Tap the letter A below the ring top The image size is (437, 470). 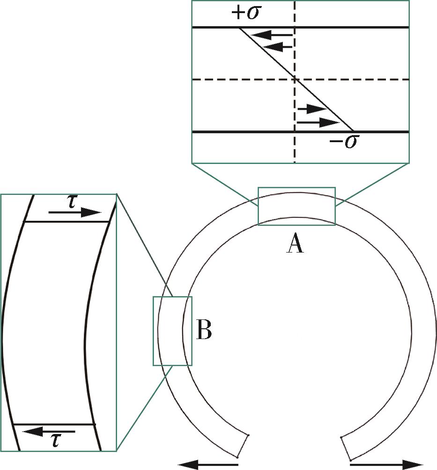(x=295, y=244)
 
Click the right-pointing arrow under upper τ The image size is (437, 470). (x=75, y=213)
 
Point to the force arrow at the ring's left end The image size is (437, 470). (x=208, y=464)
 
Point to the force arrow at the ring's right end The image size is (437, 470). (x=386, y=464)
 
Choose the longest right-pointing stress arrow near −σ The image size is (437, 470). (x=318, y=123)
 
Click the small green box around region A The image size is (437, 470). (x=296, y=188)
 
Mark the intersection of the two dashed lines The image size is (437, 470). (x=294, y=80)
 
